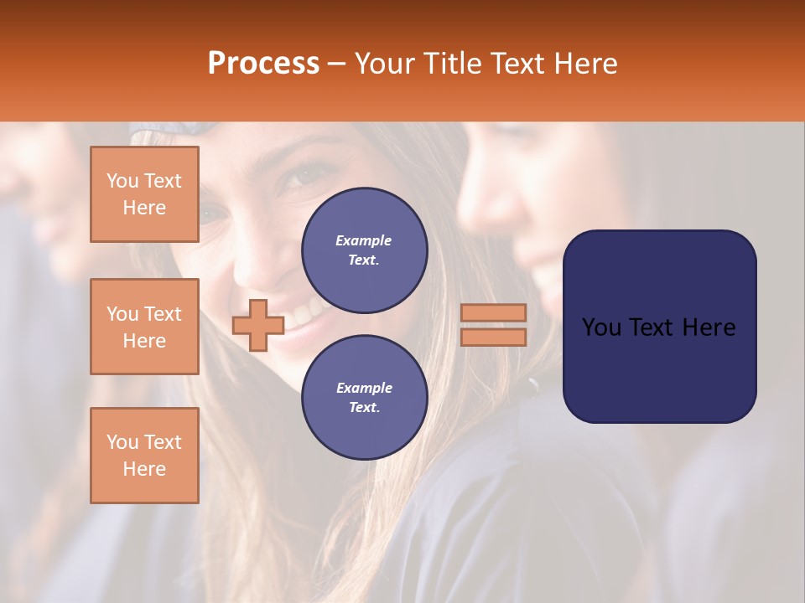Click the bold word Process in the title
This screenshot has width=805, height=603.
pyautogui.click(x=263, y=64)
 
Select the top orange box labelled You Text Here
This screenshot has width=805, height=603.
pyautogui.click(x=144, y=194)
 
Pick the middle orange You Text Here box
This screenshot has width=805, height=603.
pyautogui.click(x=144, y=327)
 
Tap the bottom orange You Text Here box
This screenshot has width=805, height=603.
pyautogui.click(x=144, y=456)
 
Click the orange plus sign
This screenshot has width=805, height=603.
pyautogui.click(x=258, y=325)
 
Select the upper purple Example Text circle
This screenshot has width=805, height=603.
pyautogui.click(x=364, y=250)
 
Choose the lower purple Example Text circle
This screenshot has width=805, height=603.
pyautogui.click(x=364, y=397)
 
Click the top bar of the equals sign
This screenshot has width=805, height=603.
pyautogui.click(x=493, y=312)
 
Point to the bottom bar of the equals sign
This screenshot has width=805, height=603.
pyautogui.click(x=493, y=337)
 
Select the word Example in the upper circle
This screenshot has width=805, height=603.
pyautogui.click(x=364, y=240)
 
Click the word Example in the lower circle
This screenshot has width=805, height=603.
pyautogui.click(x=364, y=388)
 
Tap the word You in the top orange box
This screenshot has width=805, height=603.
pyautogui.click(x=122, y=181)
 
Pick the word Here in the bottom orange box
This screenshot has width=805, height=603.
pyautogui.click(x=144, y=469)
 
